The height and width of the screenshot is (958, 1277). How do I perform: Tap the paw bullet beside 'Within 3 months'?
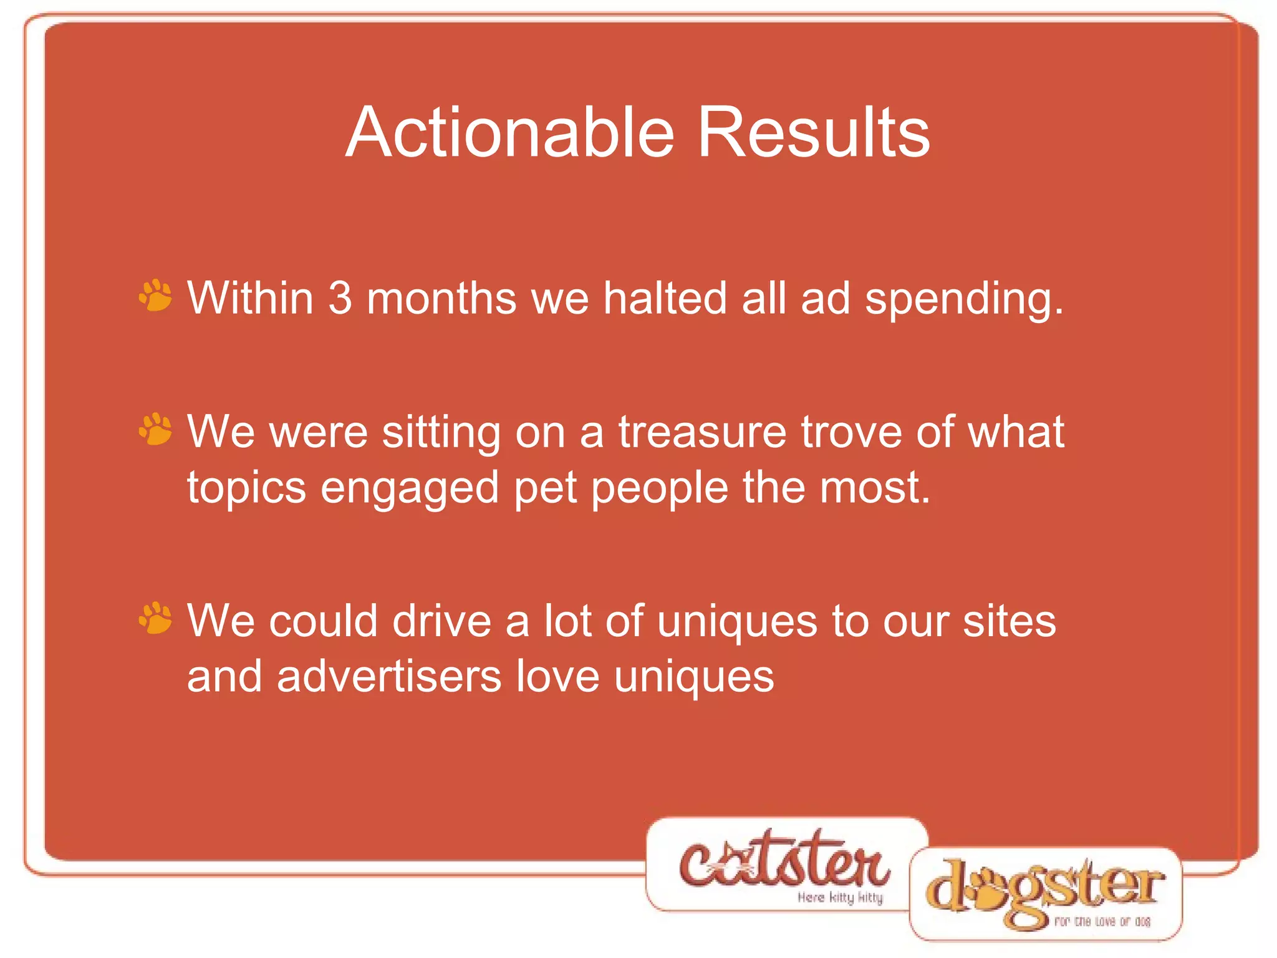coord(155,296)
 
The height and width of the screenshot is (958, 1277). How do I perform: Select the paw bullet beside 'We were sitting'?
coord(155,430)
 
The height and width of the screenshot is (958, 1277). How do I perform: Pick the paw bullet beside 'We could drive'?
coord(155,619)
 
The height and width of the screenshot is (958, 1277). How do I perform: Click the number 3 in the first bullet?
coord(340,298)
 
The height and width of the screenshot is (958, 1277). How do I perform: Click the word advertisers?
coord(389,677)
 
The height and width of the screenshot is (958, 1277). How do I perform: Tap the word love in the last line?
coord(558,677)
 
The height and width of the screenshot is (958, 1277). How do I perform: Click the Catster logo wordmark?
coord(784,861)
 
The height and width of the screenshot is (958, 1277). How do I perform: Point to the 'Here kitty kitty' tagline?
coord(840,898)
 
